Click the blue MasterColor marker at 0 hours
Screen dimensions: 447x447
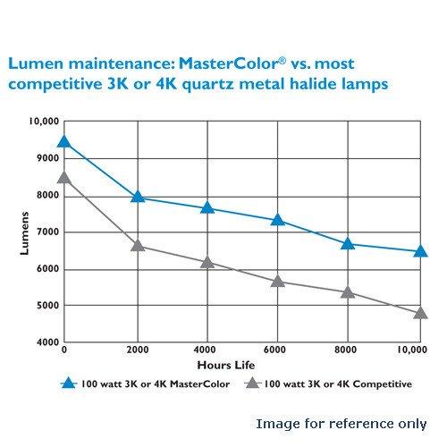coord(64,142)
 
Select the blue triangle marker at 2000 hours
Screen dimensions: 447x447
coord(138,196)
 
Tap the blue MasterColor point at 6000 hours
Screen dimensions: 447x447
coord(278,219)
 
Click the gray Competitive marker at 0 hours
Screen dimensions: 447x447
coord(64,177)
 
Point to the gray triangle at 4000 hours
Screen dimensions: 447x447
coord(208,262)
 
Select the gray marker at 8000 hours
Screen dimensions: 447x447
coord(348,291)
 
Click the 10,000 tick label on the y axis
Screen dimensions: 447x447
coord(43,122)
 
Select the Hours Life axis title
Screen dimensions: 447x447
coord(239,365)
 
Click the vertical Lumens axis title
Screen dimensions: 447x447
coord(25,233)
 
